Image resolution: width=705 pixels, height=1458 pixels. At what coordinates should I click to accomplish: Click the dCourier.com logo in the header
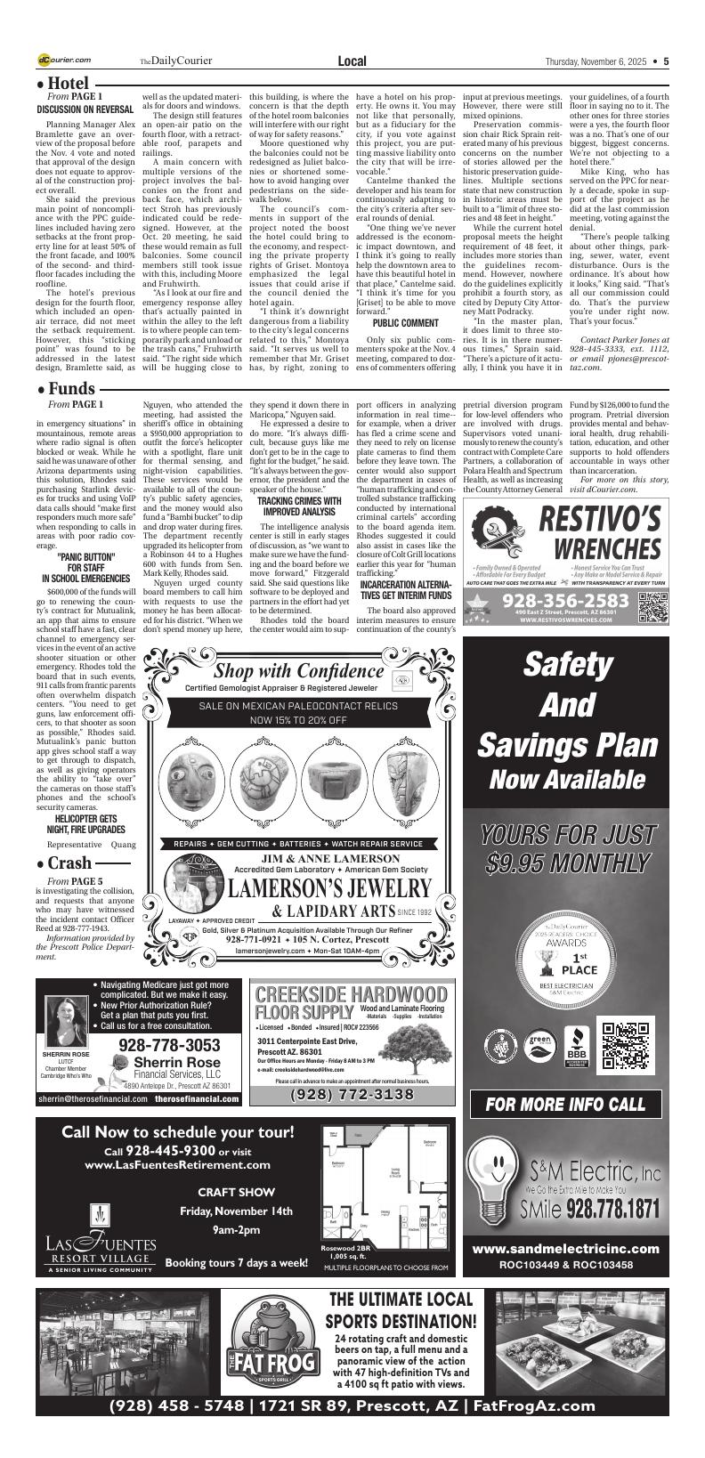coord(64,61)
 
